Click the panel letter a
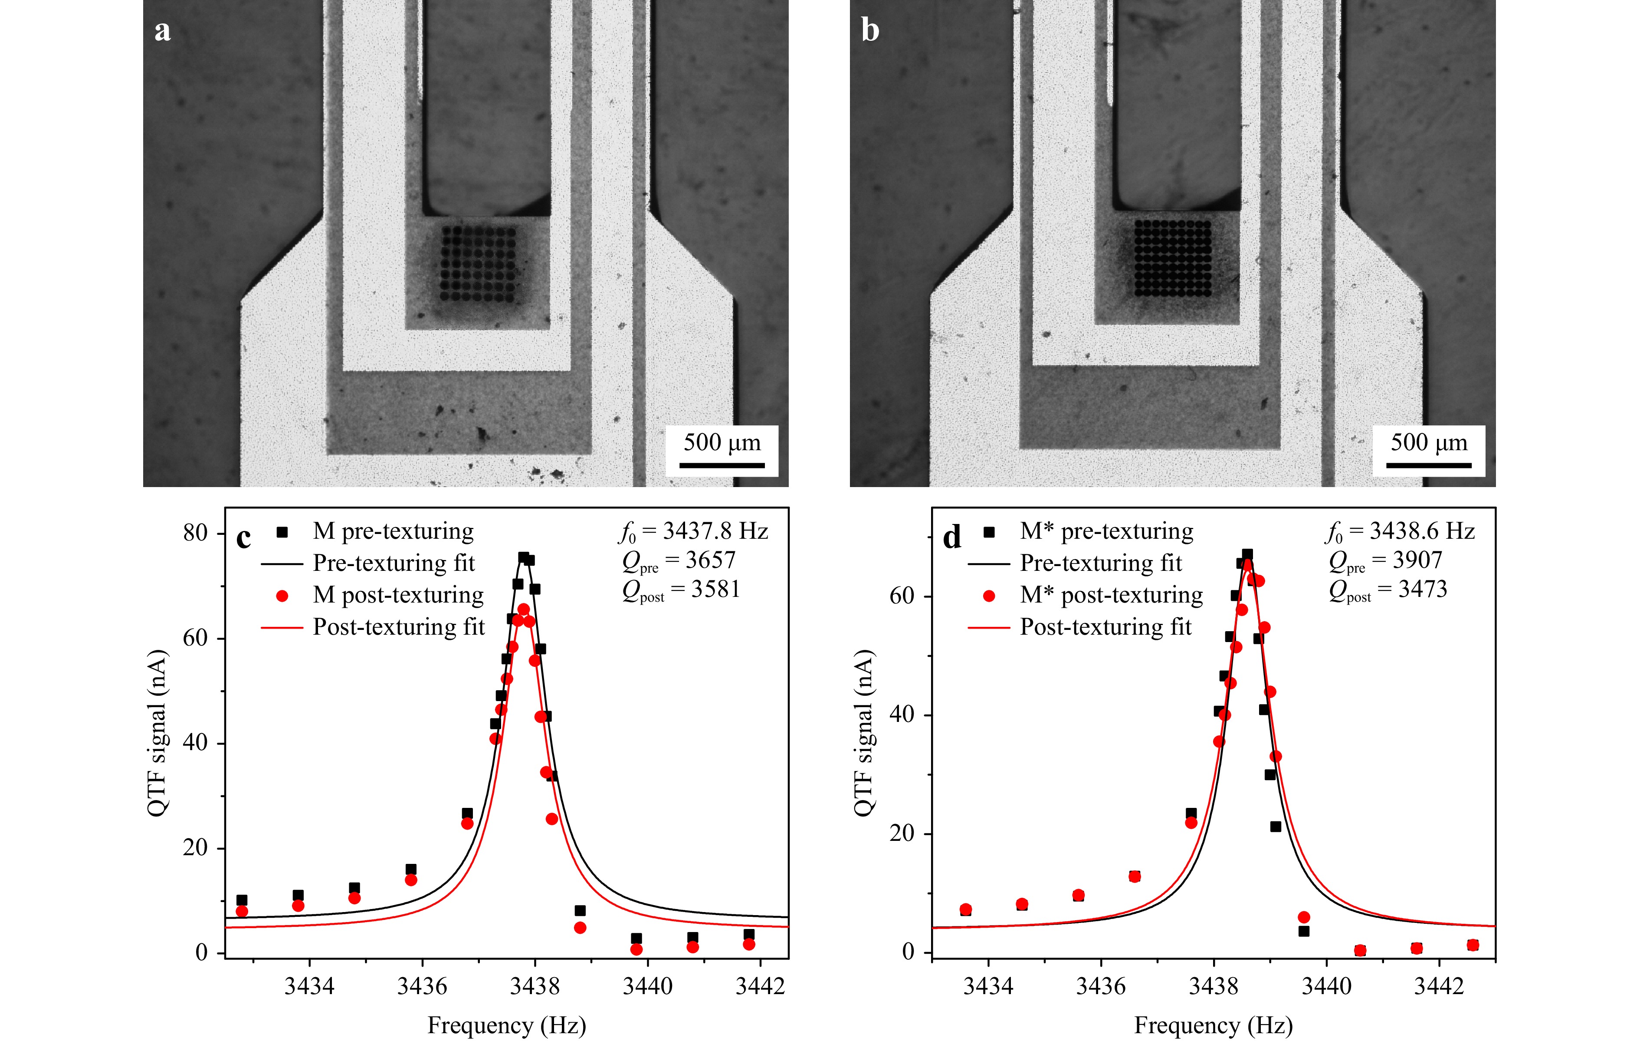[162, 31]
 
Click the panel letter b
[870, 31]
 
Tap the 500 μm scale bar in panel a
[722, 465]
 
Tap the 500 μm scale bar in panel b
[1429, 465]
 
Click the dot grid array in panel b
[1173, 257]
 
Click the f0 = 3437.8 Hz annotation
[693, 531]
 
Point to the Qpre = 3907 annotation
[1385, 561]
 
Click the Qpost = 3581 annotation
[680, 590]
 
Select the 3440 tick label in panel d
[1326, 986]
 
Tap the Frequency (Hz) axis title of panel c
[507, 1025]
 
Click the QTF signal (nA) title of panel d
[863, 732]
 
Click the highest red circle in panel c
[523, 609]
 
